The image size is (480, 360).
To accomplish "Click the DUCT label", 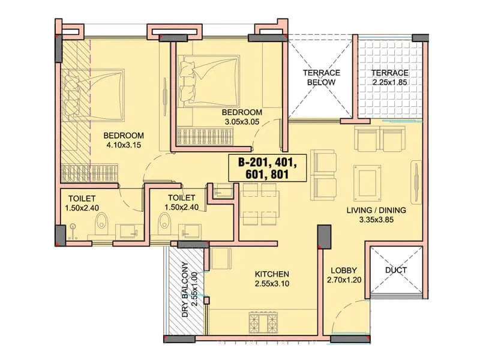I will pyautogui.click(x=396, y=270).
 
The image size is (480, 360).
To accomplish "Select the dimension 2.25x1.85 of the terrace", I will pyautogui.click(x=389, y=82).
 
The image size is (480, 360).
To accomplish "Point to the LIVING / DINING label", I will pyautogui.click(x=376, y=210).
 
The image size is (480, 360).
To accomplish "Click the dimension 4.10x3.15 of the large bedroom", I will pyautogui.click(x=124, y=145).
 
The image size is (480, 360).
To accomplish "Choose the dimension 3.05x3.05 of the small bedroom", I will pyautogui.click(x=242, y=122).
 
